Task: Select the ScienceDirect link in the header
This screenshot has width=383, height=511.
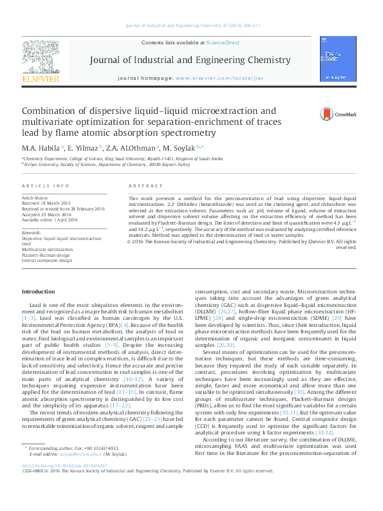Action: [x=222, y=42]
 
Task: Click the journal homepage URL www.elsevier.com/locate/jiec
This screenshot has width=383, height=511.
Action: [x=217, y=78]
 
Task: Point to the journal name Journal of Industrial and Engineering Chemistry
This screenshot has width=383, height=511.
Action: [x=190, y=60]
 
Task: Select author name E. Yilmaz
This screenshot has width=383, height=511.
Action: [x=84, y=148]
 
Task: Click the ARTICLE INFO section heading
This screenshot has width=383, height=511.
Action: [x=45, y=185]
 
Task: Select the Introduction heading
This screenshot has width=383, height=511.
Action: [x=39, y=292]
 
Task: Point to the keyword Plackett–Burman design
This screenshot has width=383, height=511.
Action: [x=48, y=256]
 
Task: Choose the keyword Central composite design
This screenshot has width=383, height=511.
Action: [x=47, y=261]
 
